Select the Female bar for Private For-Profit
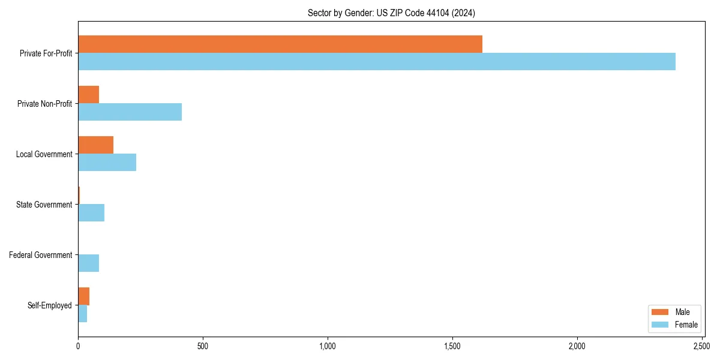[x=377, y=62]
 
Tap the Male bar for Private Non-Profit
[x=89, y=95]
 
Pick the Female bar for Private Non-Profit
[x=130, y=112]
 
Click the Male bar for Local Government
[x=96, y=145]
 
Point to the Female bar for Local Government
[x=107, y=163]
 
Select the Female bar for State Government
[x=91, y=213]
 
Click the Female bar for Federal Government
[x=89, y=263]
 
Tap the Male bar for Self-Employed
[x=84, y=296]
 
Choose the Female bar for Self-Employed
[x=83, y=314]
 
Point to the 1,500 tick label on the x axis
[x=452, y=346]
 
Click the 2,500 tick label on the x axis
[x=702, y=346]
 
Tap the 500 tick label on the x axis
[x=203, y=346]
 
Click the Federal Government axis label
[x=41, y=255]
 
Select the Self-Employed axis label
[x=50, y=305]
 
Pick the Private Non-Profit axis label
[x=46, y=104]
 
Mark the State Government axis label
[x=44, y=205]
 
